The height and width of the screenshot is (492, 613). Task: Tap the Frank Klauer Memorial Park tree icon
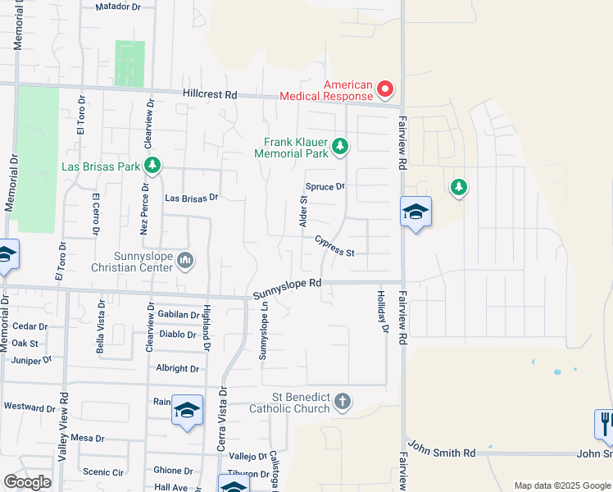340,148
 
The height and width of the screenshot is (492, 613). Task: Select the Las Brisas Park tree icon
152,166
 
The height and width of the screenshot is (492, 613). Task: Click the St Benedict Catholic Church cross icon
343,402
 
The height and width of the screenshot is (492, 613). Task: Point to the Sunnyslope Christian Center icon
186,261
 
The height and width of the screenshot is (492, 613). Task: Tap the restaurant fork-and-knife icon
605,424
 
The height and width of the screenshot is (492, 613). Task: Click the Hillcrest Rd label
209,94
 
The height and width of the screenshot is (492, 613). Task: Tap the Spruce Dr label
325,187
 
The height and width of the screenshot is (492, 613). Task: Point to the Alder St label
302,211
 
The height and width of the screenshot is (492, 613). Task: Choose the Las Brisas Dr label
191,198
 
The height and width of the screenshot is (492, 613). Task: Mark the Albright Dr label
178,369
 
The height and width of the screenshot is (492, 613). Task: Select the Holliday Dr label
382,312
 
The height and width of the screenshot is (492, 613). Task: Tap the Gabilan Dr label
179,315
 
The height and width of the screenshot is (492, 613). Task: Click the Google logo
27,481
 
